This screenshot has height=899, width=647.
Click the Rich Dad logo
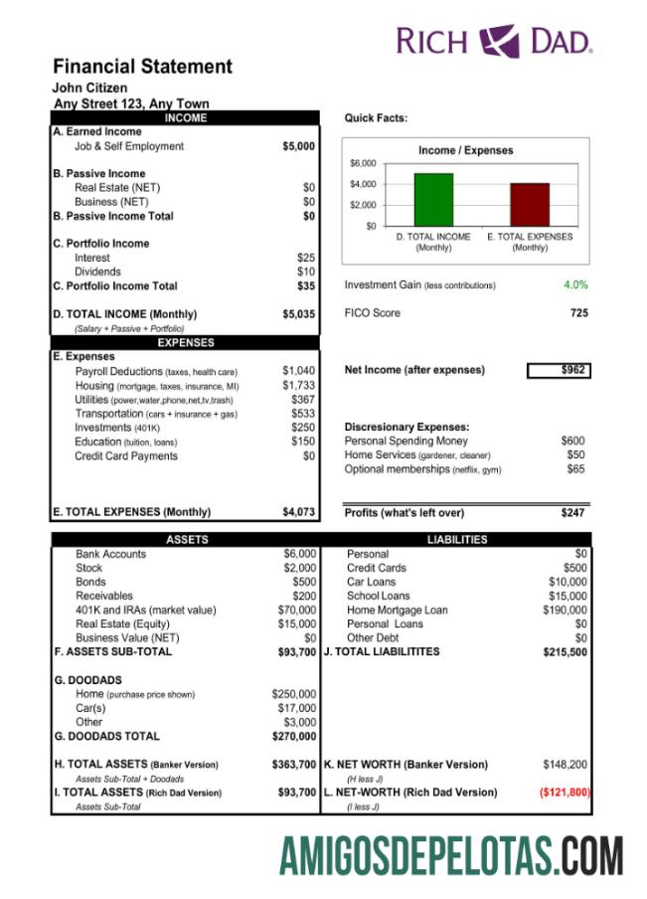[494, 41]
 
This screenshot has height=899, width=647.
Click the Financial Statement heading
[142, 67]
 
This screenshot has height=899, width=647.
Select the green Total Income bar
[432, 200]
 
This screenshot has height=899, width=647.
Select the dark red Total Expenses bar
[529, 204]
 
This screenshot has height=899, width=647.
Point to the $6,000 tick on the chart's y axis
[363, 163]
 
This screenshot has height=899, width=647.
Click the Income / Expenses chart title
[465, 150]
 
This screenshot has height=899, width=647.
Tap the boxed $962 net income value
[558, 370]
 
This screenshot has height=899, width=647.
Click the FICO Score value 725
[578, 313]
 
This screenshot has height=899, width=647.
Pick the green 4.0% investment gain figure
[575, 284]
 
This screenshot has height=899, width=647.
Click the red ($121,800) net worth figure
[565, 793]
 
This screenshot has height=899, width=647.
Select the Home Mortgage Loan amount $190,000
[565, 610]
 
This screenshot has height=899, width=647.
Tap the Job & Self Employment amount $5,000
[298, 146]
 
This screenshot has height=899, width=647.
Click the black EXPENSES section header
[186, 342]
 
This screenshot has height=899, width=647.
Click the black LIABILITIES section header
[457, 539]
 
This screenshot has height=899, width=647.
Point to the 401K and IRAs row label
[145, 610]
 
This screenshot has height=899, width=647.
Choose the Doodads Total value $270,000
[294, 736]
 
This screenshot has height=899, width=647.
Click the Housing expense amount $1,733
[298, 385]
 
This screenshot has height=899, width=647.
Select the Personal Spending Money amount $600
[572, 441]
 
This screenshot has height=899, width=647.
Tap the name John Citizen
[89, 88]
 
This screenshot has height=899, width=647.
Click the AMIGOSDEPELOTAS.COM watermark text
[451, 856]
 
